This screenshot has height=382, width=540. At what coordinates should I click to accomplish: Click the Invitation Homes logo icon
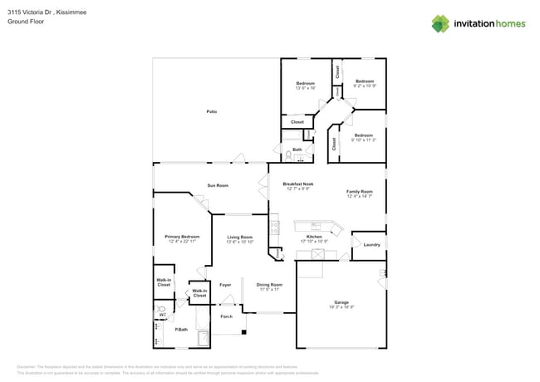click(x=441, y=23)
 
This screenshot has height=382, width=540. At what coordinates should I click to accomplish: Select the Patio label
click(x=212, y=111)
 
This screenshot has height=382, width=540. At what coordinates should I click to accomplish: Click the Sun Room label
click(x=218, y=185)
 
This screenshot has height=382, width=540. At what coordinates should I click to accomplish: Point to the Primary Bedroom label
click(x=181, y=238)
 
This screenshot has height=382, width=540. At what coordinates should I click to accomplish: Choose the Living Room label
click(x=240, y=238)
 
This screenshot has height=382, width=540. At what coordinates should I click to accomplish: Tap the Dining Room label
click(x=269, y=285)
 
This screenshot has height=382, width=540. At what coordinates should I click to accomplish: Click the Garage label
click(x=341, y=302)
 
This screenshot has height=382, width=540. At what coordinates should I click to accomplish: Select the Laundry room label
click(x=371, y=244)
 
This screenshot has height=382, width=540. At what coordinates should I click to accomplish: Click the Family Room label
click(x=359, y=191)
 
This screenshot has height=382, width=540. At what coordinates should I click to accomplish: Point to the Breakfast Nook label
click(x=297, y=184)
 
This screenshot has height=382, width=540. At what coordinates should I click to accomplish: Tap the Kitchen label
click(x=314, y=238)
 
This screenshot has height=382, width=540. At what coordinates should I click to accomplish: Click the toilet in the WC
click(x=162, y=311)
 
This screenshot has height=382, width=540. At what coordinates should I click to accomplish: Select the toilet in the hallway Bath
click(x=288, y=154)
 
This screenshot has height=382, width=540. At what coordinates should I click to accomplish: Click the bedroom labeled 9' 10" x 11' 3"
click(x=363, y=135)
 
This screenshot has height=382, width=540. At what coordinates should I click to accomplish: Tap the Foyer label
click(x=225, y=285)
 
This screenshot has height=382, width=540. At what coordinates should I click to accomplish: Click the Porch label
click(x=226, y=316)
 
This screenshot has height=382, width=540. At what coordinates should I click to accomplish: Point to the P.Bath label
click(x=180, y=331)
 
